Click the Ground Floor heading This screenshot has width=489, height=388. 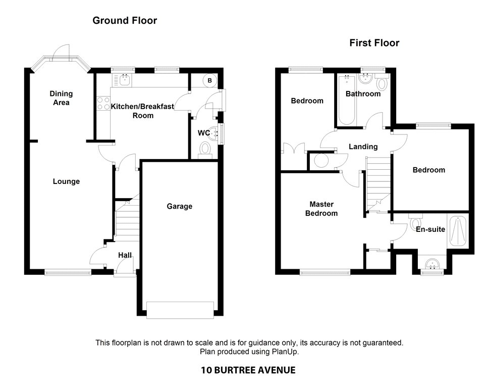point(125,21)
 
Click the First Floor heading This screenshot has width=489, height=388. point(374,43)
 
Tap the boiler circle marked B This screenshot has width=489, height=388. point(209,80)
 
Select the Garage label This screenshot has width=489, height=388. point(179,206)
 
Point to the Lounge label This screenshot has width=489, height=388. point(67,181)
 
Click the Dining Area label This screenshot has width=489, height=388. point(61,98)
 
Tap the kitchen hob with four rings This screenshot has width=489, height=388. point(103,103)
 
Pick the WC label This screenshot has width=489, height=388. point(204,133)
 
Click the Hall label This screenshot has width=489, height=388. point(125,255)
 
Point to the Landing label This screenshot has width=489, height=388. point(363,147)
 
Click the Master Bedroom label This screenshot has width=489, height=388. point(323,209)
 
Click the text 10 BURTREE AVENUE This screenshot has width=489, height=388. point(248,370)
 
